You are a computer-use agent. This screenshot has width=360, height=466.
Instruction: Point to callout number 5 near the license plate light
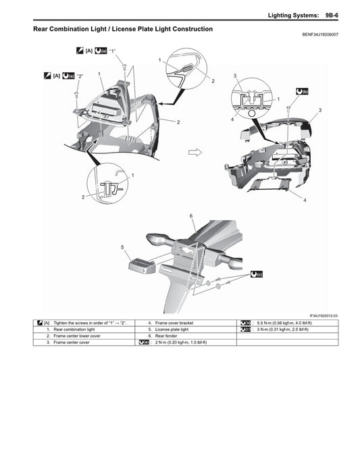coord(123,247)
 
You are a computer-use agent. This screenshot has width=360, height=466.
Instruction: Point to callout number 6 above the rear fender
coord(192,215)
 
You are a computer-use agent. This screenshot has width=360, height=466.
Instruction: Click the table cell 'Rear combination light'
coord(74,330)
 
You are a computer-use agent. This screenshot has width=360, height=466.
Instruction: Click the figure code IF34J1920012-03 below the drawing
coord(324,315)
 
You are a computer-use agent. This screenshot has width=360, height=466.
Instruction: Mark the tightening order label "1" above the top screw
coord(113,51)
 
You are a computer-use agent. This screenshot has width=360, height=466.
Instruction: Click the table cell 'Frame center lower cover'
coord(79,336)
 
